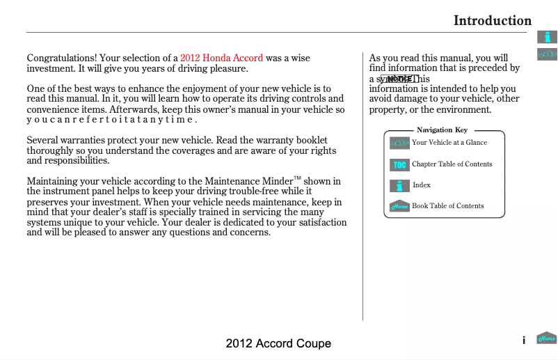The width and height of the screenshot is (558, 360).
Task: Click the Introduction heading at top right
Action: pyautogui.click(x=492, y=20)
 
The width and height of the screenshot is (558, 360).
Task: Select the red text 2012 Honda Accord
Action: pyautogui.click(x=221, y=58)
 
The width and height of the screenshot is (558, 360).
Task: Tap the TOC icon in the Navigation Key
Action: pyautogui.click(x=399, y=164)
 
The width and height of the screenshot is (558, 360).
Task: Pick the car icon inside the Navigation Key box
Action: pyautogui.click(x=399, y=143)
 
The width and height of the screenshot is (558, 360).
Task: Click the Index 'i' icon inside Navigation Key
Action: pyautogui.click(x=399, y=185)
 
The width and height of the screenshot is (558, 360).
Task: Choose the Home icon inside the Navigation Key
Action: pyautogui.click(x=399, y=206)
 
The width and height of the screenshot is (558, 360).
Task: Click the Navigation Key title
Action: pyautogui.click(x=442, y=130)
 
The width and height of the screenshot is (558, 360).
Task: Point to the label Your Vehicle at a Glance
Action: pyautogui.click(x=449, y=143)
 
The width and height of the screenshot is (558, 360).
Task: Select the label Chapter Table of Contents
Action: pyautogui.click(x=452, y=164)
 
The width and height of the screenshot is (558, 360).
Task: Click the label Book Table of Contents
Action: pyautogui.click(x=447, y=206)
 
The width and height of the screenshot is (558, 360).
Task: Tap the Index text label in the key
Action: pyautogui.click(x=422, y=185)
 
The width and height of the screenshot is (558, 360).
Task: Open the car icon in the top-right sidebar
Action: pyautogui.click(x=548, y=54)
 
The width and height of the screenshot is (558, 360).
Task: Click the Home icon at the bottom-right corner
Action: pyautogui.click(x=547, y=339)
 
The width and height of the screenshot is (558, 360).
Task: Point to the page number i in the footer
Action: pyautogui.click(x=523, y=340)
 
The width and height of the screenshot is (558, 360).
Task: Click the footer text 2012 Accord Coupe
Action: pyautogui.click(x=278, y=343)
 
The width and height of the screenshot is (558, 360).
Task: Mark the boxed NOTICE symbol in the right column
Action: pyautogui.click(x=399, y=79)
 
